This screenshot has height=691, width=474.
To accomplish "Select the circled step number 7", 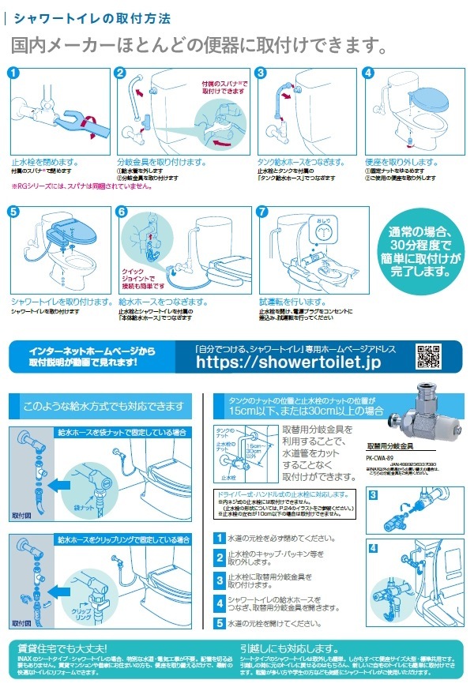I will click(x=264, y=212).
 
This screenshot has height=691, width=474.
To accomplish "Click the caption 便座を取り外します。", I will click(x=401, y=161).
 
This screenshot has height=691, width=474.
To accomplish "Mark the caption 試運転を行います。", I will click(x=288, y=301).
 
